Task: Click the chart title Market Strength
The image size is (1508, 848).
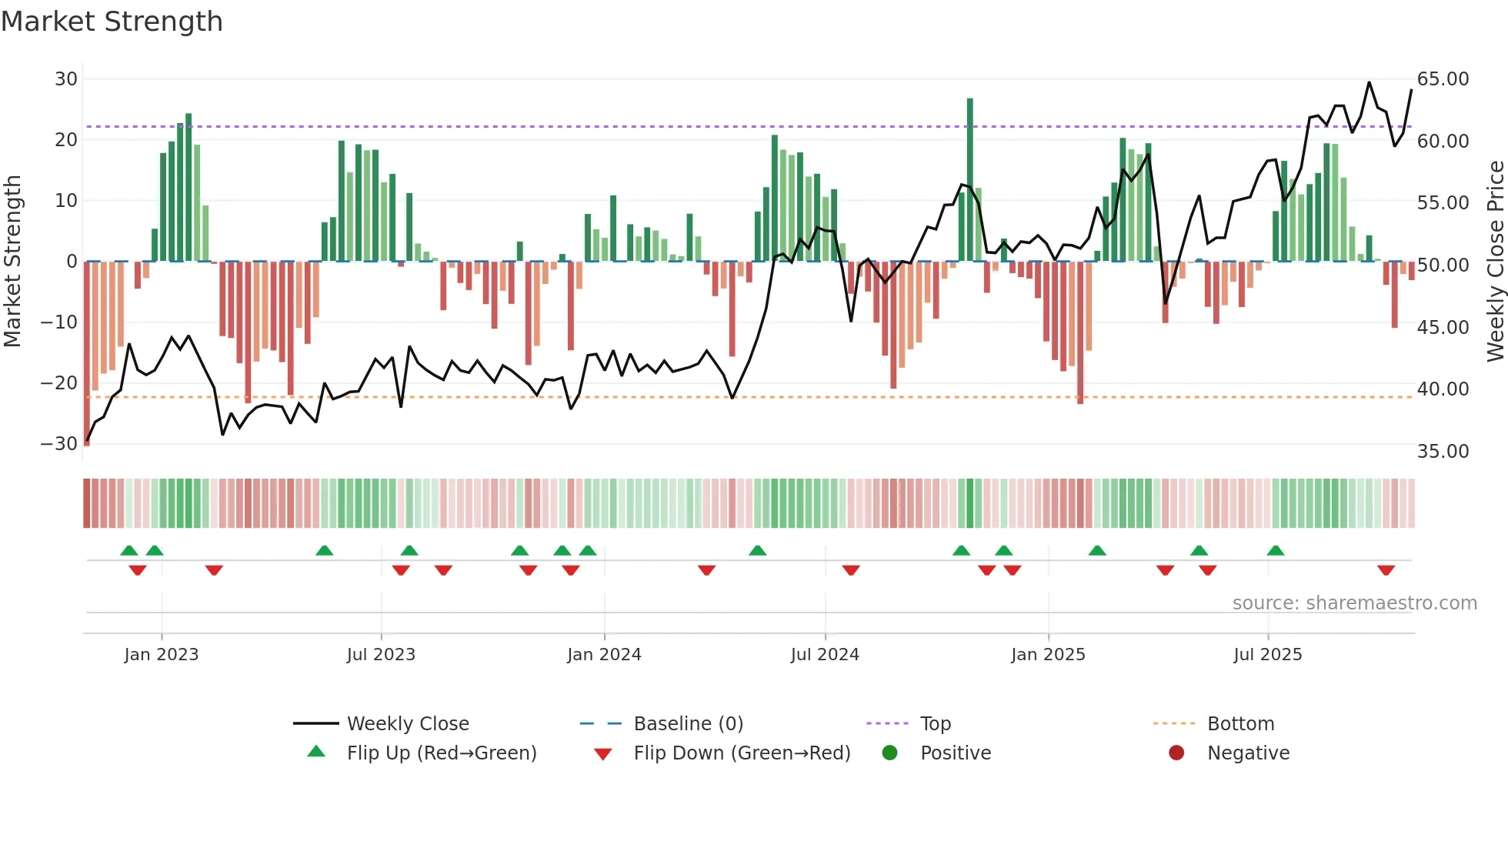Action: (x=112, y=22)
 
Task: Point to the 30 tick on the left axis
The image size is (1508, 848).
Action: (x=66, y=79)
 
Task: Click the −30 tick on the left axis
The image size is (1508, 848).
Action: (x=59, y=444)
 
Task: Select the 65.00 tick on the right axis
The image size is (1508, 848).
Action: (x=1443, y=79)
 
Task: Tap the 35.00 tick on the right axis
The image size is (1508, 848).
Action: (x=1443, y=452)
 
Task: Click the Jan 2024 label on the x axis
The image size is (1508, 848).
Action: (x=604, y=655)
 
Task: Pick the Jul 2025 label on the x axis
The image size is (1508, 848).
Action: (x=1267, y=655)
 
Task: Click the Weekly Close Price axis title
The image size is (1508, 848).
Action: (x=1495, y=262)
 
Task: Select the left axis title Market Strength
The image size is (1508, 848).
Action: (x=12, y=262)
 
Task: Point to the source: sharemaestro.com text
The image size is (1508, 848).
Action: (x=1354, y=603)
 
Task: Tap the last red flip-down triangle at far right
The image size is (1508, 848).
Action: (x=1386, y=570)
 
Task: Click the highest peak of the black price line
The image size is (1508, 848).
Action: (x=1369, y=83)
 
